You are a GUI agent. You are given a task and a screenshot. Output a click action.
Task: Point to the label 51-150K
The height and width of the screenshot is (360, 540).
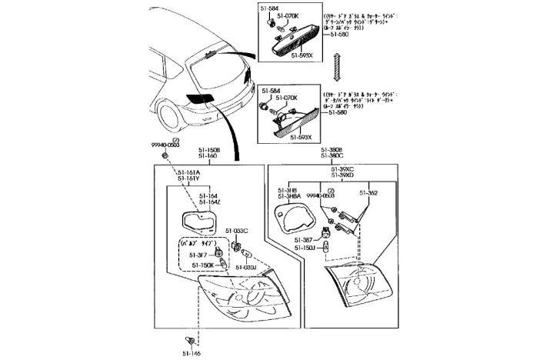pyautogui.click(x=202, y=265)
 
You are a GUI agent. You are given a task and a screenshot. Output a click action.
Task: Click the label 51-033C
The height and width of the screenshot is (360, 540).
pyautogui.click(x=236, y=231)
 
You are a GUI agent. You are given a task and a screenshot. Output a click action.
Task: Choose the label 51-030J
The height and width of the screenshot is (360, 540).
pyautogui.click(x=245, y=268)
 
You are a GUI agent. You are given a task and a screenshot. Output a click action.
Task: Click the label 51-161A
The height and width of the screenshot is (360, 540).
pyautogui.click(x=187, y=172)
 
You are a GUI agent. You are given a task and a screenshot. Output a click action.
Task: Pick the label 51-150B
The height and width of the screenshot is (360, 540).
pyautogui.click(x=208, y=150)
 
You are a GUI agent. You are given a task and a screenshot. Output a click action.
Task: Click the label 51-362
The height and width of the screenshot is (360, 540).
pyautogui.click(x=368, y=192)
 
